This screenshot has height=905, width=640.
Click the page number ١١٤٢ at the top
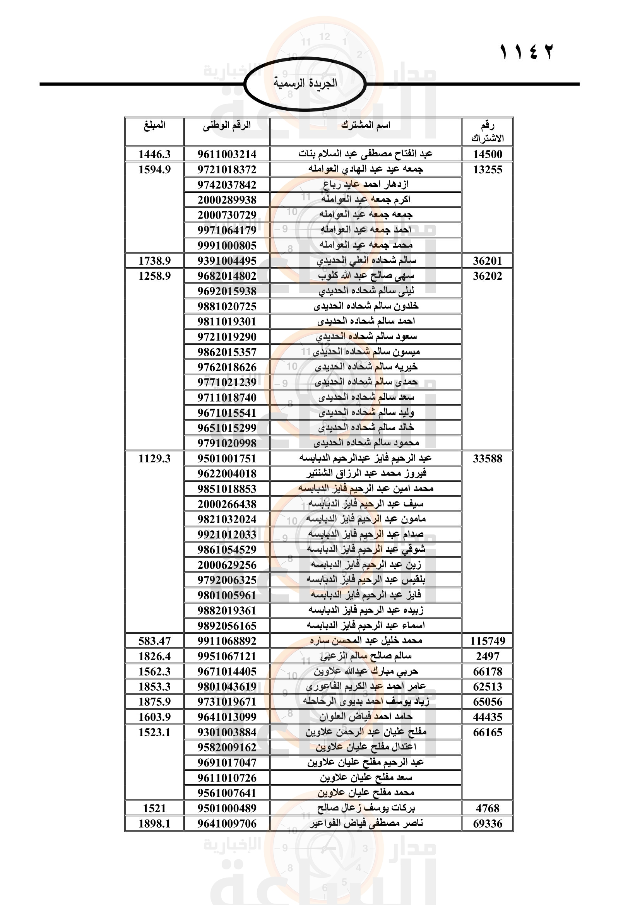pyautogui.click(x=527, y=52)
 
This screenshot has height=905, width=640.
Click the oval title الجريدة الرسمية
pyautogui.click(x=305, y=83)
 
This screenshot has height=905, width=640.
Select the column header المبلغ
pyautogui.click(x=154, y=125)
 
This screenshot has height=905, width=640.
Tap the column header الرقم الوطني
pyautogui.click(x=227, y=125)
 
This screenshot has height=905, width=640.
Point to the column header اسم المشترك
pyautogui.click(x=366, y=125)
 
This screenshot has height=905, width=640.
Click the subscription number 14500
pyautogui.click(x=488, y=154)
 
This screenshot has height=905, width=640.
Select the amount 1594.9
pyautogui.click(x=154, y=169)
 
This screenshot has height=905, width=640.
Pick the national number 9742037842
pyautogui.click(x=227, y=185)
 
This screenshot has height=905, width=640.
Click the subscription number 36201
pyautogui.click(x=488, y=261)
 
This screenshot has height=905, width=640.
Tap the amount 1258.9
pyautogui.click(x=154, y=276)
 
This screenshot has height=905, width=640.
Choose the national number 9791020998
pyautogui.click(x=227, y=443)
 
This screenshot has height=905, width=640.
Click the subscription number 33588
pyautogui.click(x=488, y=459)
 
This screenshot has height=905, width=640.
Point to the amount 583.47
pyautogui.click(x=154, y=641)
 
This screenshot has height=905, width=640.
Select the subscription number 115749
pyautogui.click(x=488, y=641)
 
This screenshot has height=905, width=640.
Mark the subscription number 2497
pyautogui.click(x=488, y=656)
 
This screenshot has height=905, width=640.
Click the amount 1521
pyautogui.click(x=154, y=808)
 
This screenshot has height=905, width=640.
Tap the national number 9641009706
pyautogui.click(x=227, y=824)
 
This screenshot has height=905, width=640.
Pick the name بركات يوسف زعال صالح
pyautogui.click(x=366, y=808)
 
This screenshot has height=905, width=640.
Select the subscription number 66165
pyautogui.click(x=488, y=732)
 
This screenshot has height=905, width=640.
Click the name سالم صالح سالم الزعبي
pyautogui.click(x=366, y=656)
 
